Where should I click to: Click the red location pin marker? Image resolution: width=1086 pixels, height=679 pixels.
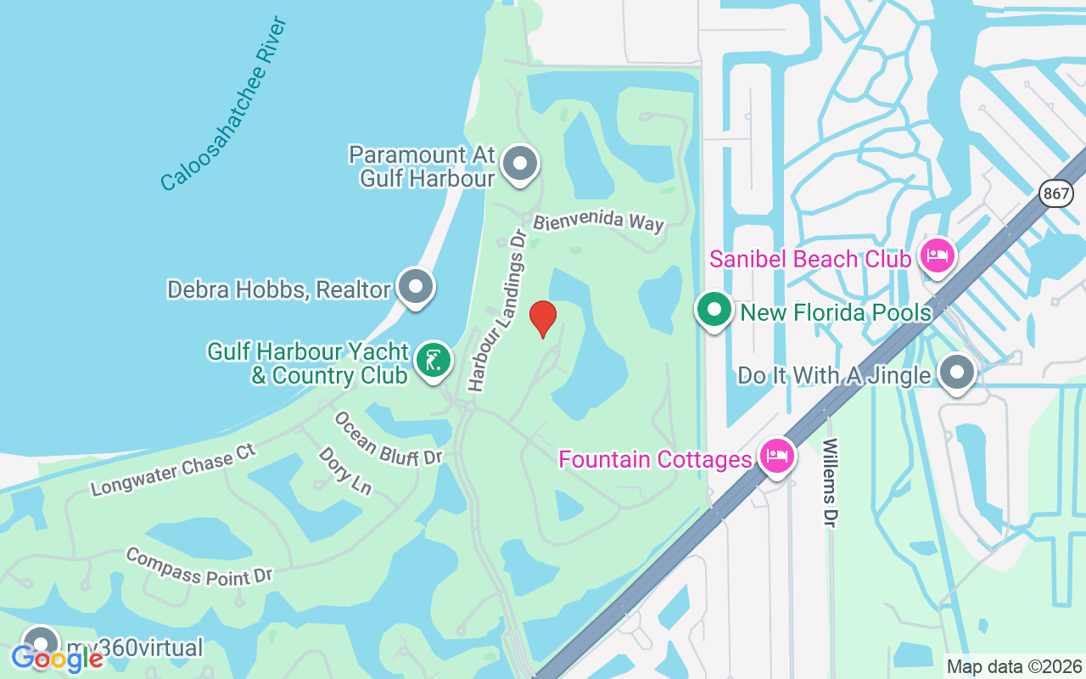(543, 318)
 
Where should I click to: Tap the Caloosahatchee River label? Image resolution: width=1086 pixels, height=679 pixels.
(224, 104)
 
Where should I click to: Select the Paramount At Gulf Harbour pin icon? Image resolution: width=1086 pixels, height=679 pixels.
(519, 163)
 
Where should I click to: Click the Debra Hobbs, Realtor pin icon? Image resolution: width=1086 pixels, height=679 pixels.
(416, 286)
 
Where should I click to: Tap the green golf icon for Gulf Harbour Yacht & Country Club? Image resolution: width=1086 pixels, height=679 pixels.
(434, 361)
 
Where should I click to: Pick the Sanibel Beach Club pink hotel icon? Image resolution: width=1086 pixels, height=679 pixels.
(937, 255)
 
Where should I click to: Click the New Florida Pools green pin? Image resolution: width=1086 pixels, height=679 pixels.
(714, 311)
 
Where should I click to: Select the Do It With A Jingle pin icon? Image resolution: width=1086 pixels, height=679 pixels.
(957, 372)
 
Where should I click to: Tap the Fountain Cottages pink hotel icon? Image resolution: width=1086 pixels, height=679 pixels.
(776, 457)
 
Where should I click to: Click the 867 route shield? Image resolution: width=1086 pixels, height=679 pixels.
(1055, 194)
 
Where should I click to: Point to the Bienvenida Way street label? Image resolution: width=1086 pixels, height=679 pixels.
(598, 222)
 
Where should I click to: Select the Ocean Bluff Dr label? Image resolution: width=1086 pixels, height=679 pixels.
(389, 439)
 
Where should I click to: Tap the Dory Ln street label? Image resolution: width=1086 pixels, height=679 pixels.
(345, 470)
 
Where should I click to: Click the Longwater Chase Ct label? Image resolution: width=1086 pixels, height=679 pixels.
(173, 469)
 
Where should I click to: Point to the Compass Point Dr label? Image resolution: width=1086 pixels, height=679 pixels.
(199, 566)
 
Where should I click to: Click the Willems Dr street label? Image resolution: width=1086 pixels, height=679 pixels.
(830, 482)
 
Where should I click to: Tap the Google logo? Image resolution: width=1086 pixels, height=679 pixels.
(57, 659)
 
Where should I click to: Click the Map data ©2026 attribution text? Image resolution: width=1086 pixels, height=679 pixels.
(1014, 666)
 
